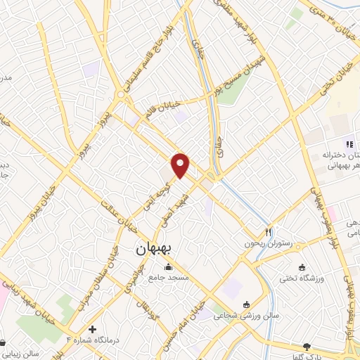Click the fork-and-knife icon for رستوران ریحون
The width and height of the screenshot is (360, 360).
[x=267, y=232]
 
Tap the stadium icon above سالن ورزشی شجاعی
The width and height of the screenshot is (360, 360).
[x=246, y=304]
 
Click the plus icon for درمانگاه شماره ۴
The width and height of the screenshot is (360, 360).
[x=92, y=329]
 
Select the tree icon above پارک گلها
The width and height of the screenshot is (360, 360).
[x=306, y=346]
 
